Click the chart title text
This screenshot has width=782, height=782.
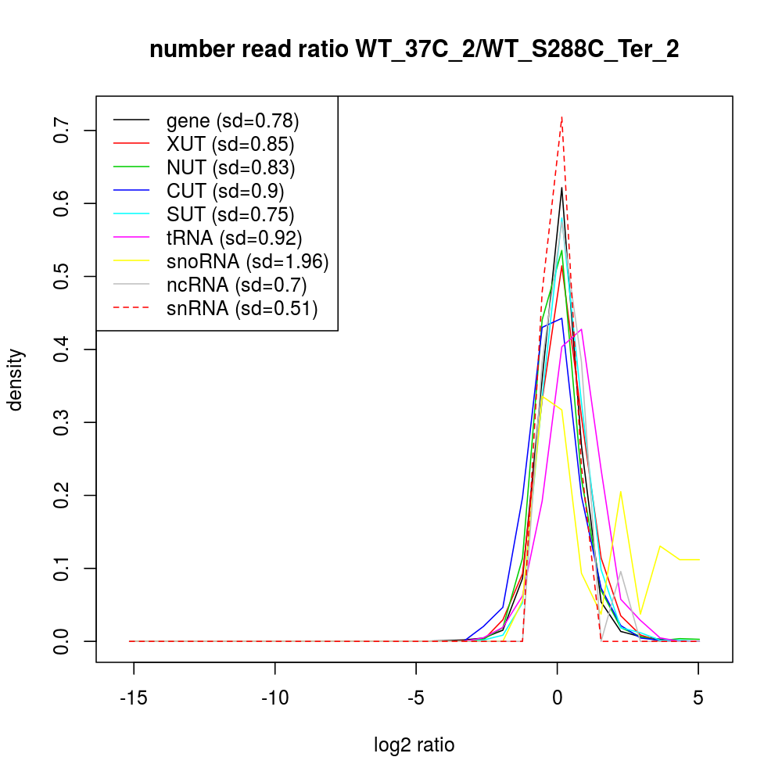point(414,49)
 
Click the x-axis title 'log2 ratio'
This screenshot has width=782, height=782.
point(414,745)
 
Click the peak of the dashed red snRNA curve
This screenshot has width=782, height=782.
point(561,117)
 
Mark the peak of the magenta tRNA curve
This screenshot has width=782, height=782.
point(581,329)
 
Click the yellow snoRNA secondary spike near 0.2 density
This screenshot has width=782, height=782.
point(621,492)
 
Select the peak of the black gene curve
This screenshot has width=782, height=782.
point(561,188)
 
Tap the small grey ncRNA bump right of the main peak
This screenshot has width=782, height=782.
point(621,571)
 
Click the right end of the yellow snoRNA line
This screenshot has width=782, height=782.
point(698,560)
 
